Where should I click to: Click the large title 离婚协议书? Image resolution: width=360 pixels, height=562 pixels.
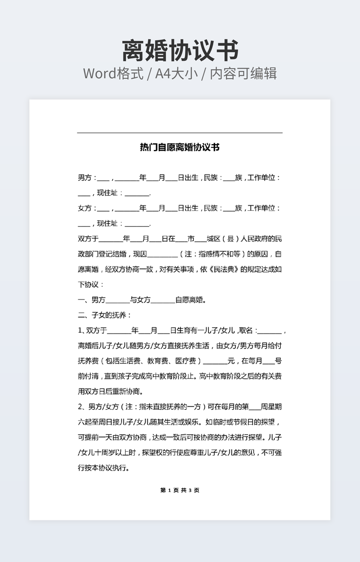(180, 51)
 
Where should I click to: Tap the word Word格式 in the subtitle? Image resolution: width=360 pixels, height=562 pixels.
(113, 73)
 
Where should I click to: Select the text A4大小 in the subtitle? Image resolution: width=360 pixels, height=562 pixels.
(176, 73)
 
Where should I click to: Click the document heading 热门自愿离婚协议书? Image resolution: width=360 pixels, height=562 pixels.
(179, 147)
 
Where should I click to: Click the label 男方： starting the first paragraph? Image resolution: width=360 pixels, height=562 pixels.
(87, 178)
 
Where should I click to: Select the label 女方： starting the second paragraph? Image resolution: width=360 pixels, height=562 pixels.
(87, 208)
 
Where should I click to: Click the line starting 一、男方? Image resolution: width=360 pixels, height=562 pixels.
(142, 300)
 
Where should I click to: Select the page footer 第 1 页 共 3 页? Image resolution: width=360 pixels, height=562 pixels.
(179, 490)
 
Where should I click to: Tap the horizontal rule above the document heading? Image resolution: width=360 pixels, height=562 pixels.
(179, 133)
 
